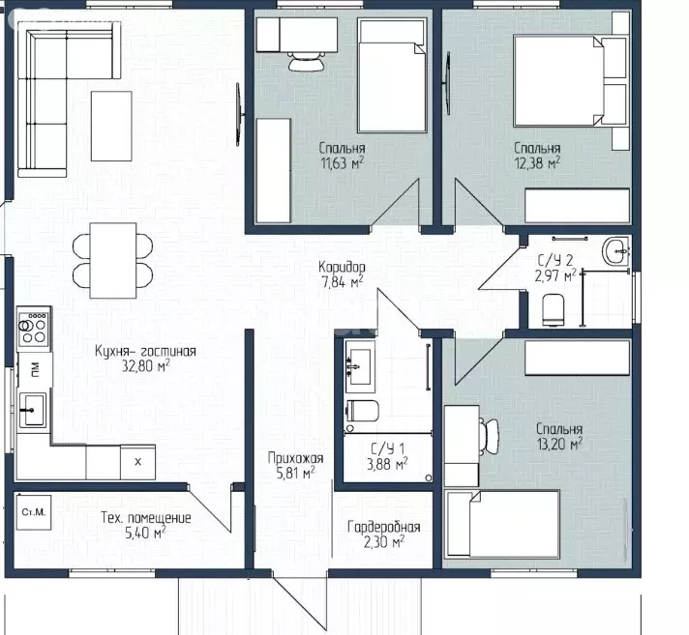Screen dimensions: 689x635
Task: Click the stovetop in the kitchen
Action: point(34,329)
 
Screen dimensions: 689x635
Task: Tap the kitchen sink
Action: point(32,410)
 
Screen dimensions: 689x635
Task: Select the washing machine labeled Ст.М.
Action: point(34,512)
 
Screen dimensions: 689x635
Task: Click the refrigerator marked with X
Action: point(137,462)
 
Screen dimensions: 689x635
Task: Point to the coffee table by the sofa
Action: point(111,126)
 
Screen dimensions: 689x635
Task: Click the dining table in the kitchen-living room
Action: point(113,261)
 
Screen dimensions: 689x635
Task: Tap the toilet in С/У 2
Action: point(554,310)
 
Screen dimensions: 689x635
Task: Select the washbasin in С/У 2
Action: point(617,252)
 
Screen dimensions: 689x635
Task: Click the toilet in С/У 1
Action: point(363,411)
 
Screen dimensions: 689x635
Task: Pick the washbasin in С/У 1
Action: point(360,366)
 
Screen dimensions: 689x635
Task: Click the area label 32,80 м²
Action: point(146,366)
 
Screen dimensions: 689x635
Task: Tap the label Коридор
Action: point(342,267)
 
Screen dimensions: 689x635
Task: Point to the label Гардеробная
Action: point(383,527)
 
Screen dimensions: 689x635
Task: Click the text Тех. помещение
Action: point(146,518)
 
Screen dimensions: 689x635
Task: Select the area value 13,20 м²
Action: point(559,444)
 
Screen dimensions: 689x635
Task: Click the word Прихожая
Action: point(296,458)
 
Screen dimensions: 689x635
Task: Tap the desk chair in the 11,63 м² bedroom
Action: point(306,61)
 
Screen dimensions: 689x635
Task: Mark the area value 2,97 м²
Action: point(555,276)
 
